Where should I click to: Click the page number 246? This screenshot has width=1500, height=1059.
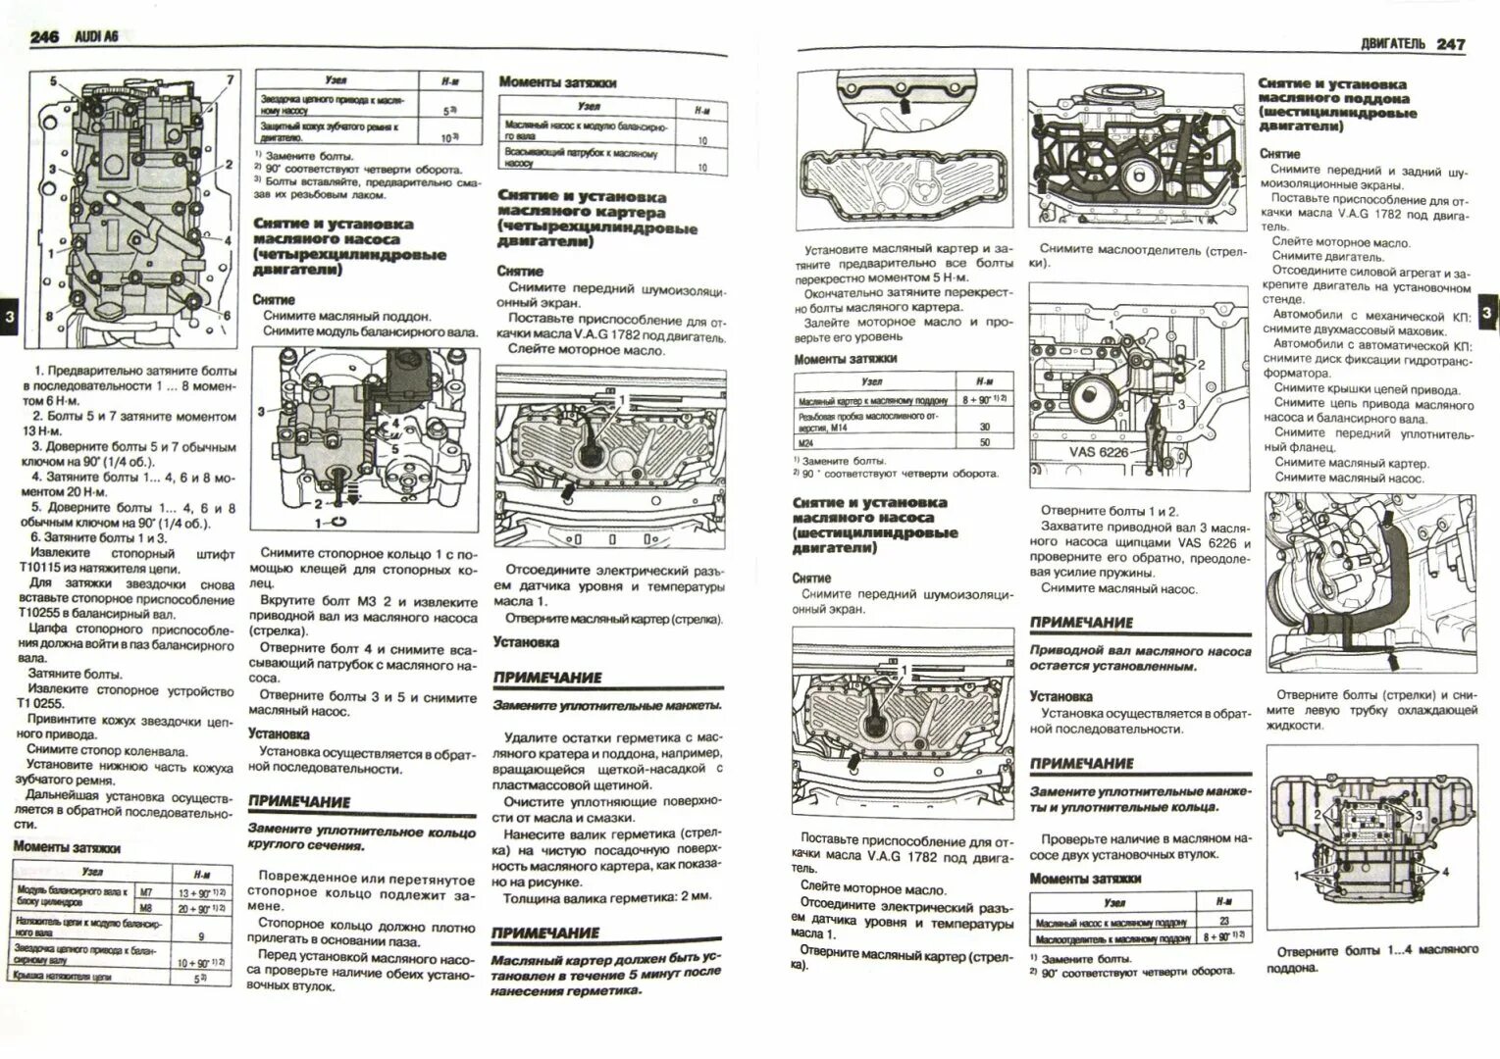coord(44,37)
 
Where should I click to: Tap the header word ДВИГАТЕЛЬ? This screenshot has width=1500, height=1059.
coord(1393,44)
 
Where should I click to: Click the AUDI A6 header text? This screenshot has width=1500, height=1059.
coord(97,36)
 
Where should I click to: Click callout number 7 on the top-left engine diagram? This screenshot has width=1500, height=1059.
coord(231,79)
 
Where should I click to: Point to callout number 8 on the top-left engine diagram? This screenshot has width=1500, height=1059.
coord(49,316)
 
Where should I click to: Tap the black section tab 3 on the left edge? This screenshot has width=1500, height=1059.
coord(9,316)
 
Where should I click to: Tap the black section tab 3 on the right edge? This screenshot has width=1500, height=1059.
coord(1486,312)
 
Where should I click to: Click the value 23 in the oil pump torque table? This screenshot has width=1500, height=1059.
coord(1223,921)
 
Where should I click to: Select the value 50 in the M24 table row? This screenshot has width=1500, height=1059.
coord(984,442)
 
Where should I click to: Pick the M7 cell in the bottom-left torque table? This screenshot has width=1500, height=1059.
coord(146,892)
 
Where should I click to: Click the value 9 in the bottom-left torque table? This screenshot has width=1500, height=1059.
coord(200,936)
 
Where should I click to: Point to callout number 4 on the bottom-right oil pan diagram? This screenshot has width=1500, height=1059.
coord(1445,872)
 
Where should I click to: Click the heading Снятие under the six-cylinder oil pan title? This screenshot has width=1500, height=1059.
coord(1279,154)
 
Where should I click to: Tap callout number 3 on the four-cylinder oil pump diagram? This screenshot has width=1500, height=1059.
coord(261,412)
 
